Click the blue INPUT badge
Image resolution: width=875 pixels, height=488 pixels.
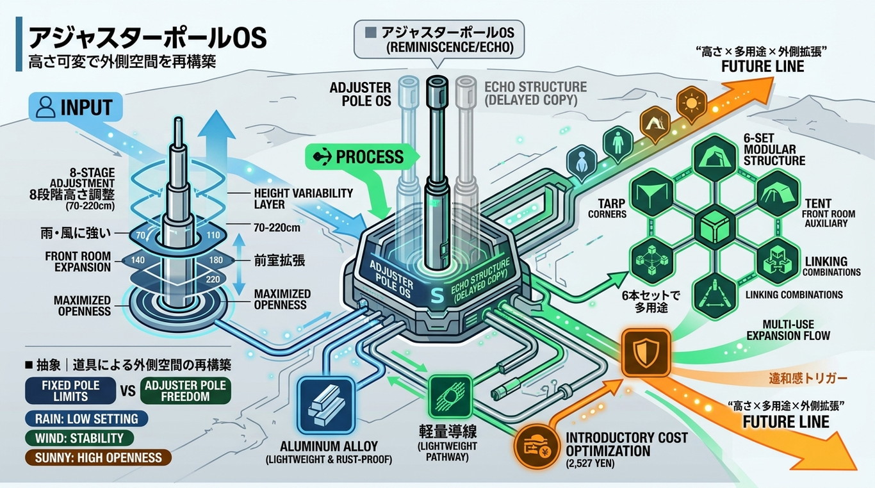tap(76, 107)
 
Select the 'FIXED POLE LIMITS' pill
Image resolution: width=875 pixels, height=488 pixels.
tap(70, 391)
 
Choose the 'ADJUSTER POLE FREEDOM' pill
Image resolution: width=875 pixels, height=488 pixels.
tap(185, 391)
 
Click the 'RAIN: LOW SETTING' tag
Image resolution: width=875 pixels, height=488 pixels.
tap(86, 419)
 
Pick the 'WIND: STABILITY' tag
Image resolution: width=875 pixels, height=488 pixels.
tap(79, 438)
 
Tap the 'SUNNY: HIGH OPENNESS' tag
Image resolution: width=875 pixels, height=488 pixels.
tap(98, 457)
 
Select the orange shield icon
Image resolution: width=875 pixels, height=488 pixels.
tap(646, 352)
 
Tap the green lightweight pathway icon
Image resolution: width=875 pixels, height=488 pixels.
tap(450, 396)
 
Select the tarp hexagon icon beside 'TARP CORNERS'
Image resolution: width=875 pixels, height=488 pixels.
tap(652, 193)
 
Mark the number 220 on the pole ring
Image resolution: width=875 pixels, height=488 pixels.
tap(213, 279)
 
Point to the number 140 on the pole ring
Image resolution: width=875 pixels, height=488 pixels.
tap(138, 260)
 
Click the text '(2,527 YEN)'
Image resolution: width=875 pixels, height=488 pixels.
tap(590, 464)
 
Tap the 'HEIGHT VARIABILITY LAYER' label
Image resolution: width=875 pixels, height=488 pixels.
tap(303, 199)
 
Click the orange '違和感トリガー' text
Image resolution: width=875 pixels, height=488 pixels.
tap(808, 378)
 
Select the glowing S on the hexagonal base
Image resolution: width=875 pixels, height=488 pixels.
tap(436, 295)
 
